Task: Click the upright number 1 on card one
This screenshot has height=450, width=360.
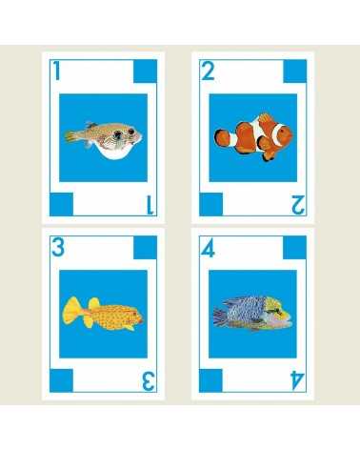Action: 57,71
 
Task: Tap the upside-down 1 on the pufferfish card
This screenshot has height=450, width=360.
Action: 150,202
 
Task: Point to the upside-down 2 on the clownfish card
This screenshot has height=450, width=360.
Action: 298,202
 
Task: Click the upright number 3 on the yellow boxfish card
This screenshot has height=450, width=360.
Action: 58,248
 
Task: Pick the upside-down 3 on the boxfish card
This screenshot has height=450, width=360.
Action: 149,380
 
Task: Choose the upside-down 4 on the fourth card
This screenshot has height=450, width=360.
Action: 297,380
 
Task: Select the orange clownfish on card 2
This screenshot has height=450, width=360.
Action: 250,137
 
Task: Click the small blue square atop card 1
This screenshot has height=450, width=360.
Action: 146,71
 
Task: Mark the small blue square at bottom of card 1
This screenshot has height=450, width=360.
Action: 62,203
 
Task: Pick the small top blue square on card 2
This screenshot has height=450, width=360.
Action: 294,71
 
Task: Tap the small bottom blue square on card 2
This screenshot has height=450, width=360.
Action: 211,203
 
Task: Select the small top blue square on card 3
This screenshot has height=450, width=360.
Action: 146,248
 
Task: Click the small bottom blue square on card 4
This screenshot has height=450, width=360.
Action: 211,380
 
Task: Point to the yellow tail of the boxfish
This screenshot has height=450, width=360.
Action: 72,309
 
